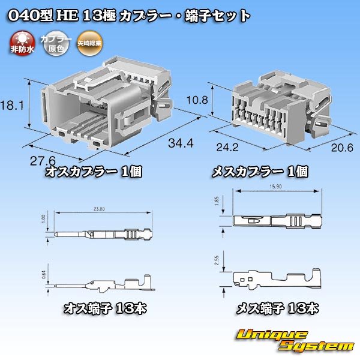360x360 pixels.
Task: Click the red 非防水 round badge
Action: (x=22, y=44)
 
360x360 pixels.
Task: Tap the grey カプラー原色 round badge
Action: (x=52, y=44)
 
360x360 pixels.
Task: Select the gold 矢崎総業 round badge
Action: (x=89, y=44)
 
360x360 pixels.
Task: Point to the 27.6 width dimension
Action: (x=43, y=161)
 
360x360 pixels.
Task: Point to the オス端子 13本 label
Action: (x=105, y=309)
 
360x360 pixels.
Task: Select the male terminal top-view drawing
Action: (x=104, y=233)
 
